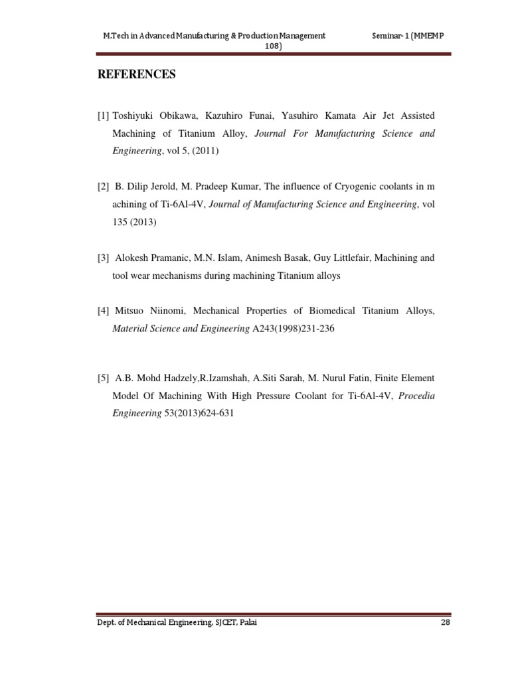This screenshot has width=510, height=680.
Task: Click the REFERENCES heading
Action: pos(137,75)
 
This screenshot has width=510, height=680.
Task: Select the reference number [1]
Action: pos(103,116)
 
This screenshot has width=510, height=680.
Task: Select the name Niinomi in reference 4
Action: pos(172,310)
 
